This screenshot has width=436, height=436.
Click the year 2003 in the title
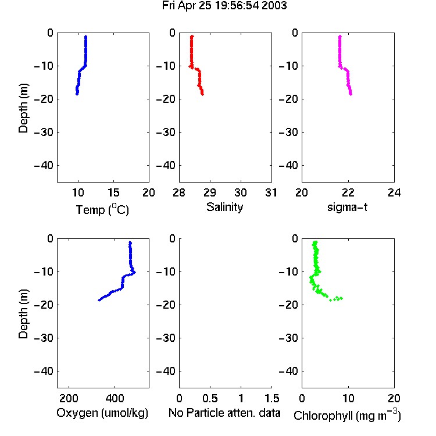(274, 5)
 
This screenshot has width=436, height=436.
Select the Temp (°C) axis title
(102, 209)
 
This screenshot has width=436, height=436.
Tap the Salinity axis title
(224, 207)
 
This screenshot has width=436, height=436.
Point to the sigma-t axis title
(347, 207)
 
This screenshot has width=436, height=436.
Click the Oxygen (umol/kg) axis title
(102, 413)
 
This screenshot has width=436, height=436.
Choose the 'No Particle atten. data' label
(224, 413)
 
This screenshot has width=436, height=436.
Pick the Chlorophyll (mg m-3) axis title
(347, 415)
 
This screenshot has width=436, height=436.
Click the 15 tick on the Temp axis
(113, 192)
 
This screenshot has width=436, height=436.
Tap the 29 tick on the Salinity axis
(210, 192)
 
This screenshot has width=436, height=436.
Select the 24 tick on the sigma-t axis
(394, 192)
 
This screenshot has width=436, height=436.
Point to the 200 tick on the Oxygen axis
(69, 398)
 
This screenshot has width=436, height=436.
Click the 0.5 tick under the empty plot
(210, 398)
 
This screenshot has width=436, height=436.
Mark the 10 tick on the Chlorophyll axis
(348, 398)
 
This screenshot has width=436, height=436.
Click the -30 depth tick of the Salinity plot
(166, 132)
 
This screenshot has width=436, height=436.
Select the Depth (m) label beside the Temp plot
(23, 108)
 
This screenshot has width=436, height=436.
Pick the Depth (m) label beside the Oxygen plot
(23, 314)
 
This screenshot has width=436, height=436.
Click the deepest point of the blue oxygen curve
(99, 300)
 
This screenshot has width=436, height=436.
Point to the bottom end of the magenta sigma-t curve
(351, 94)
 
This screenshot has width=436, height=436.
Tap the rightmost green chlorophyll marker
(341, 298)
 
